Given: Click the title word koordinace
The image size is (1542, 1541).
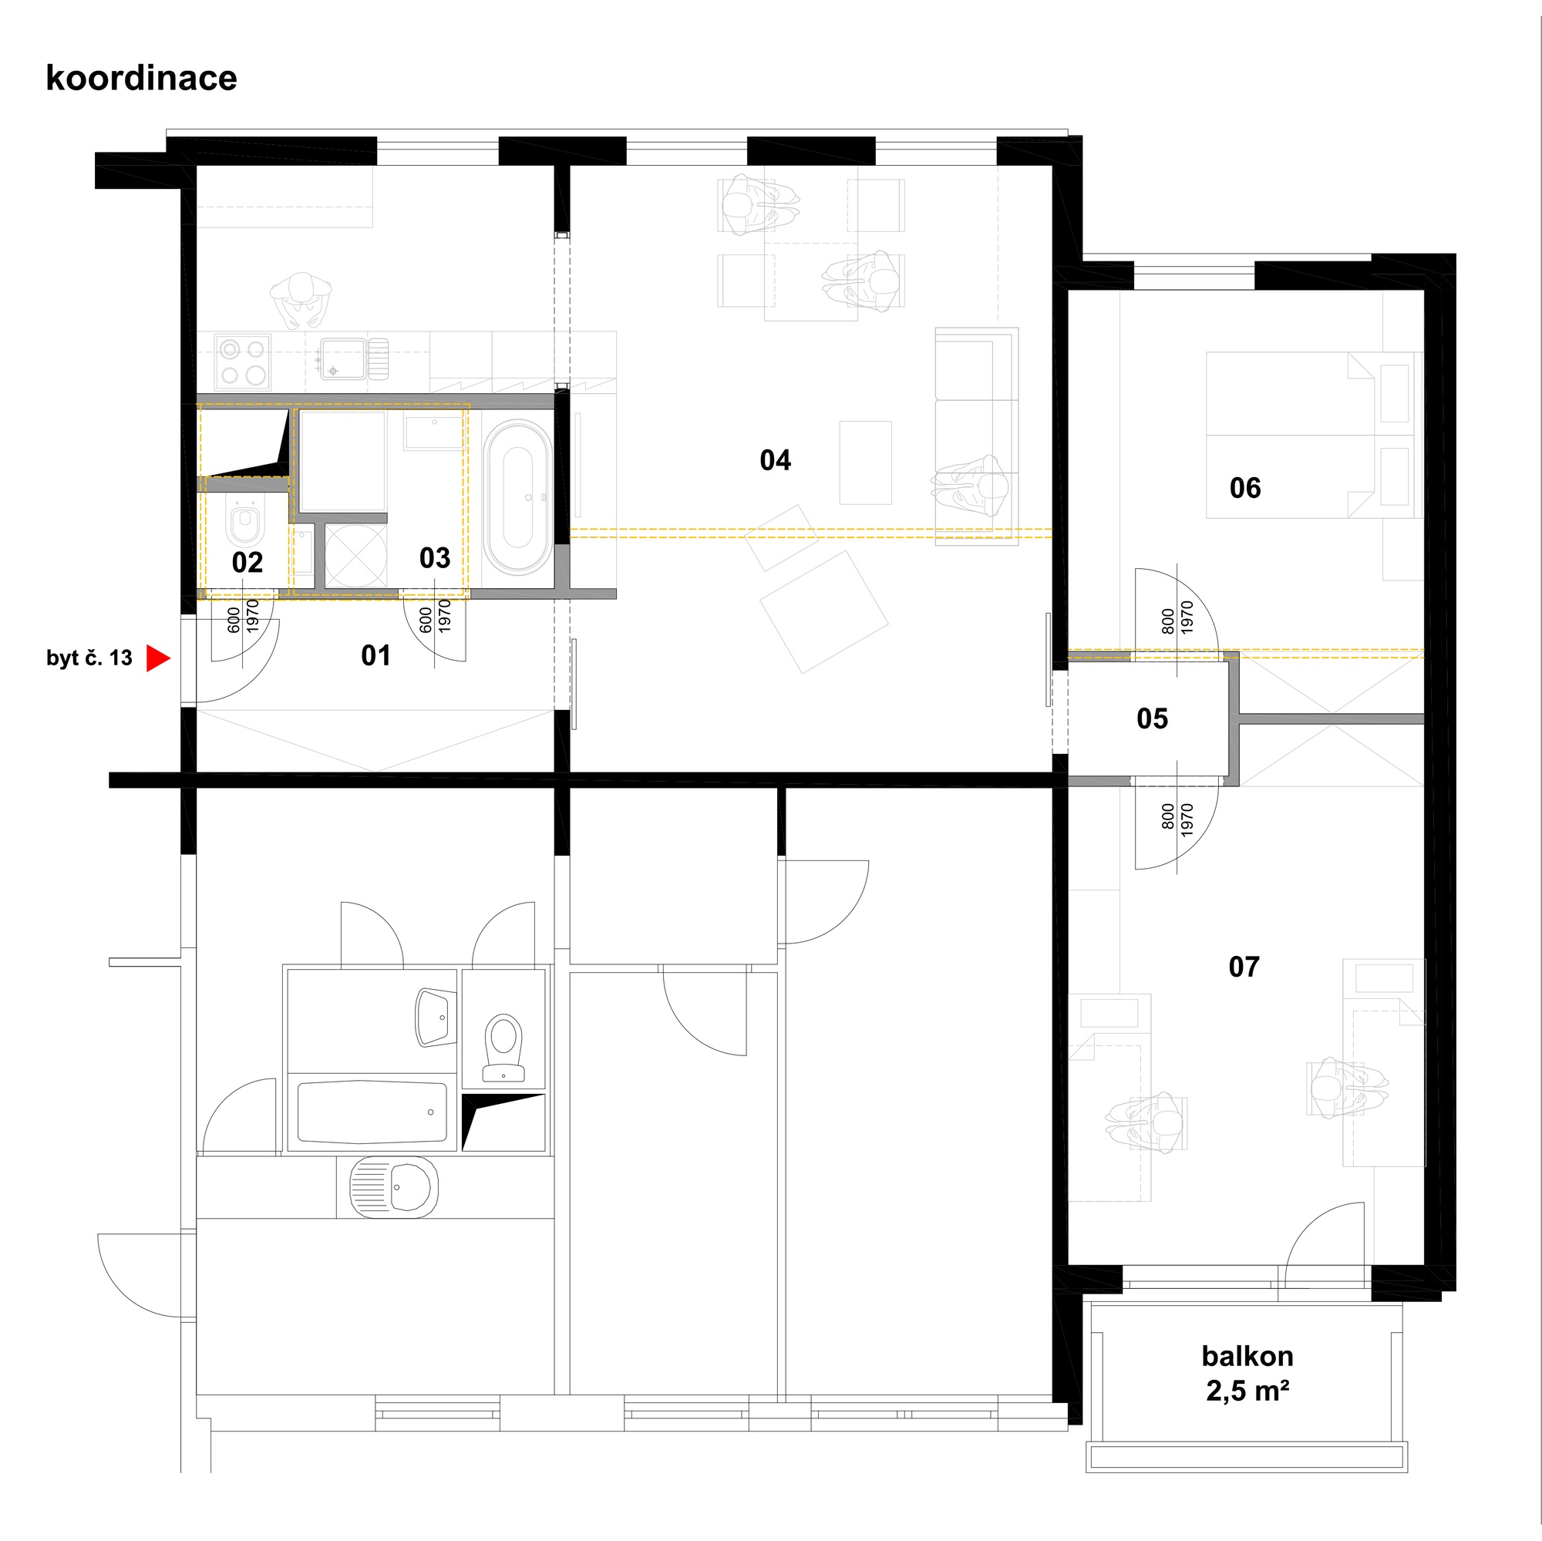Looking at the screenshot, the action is click(141, 78).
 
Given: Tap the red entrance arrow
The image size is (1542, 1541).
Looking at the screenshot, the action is click(158, 658).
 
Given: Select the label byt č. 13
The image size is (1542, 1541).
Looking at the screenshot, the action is click(89, 658).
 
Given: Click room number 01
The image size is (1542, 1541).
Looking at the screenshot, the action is click(376, 655).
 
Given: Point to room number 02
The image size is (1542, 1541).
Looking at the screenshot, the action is click(247, 563).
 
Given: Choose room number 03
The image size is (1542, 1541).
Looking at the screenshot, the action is click(435, 558).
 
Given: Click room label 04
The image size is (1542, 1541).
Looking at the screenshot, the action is click(775, 459).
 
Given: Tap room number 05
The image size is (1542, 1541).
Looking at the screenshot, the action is click(1152, 718).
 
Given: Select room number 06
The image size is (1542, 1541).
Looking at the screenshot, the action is click(1245, 488).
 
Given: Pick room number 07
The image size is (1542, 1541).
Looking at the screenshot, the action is click(1244, 967).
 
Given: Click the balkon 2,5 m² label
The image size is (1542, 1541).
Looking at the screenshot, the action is click(1247, 1374).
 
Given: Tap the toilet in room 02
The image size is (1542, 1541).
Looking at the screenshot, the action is click(246, 523).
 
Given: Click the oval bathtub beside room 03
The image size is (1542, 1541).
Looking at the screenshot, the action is click(518, 497).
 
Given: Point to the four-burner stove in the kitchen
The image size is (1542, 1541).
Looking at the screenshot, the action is click(243, 362).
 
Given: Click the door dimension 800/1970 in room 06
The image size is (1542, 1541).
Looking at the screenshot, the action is click(1177, 617).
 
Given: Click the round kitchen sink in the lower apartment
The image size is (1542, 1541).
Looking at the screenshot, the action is click(394, 1186).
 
